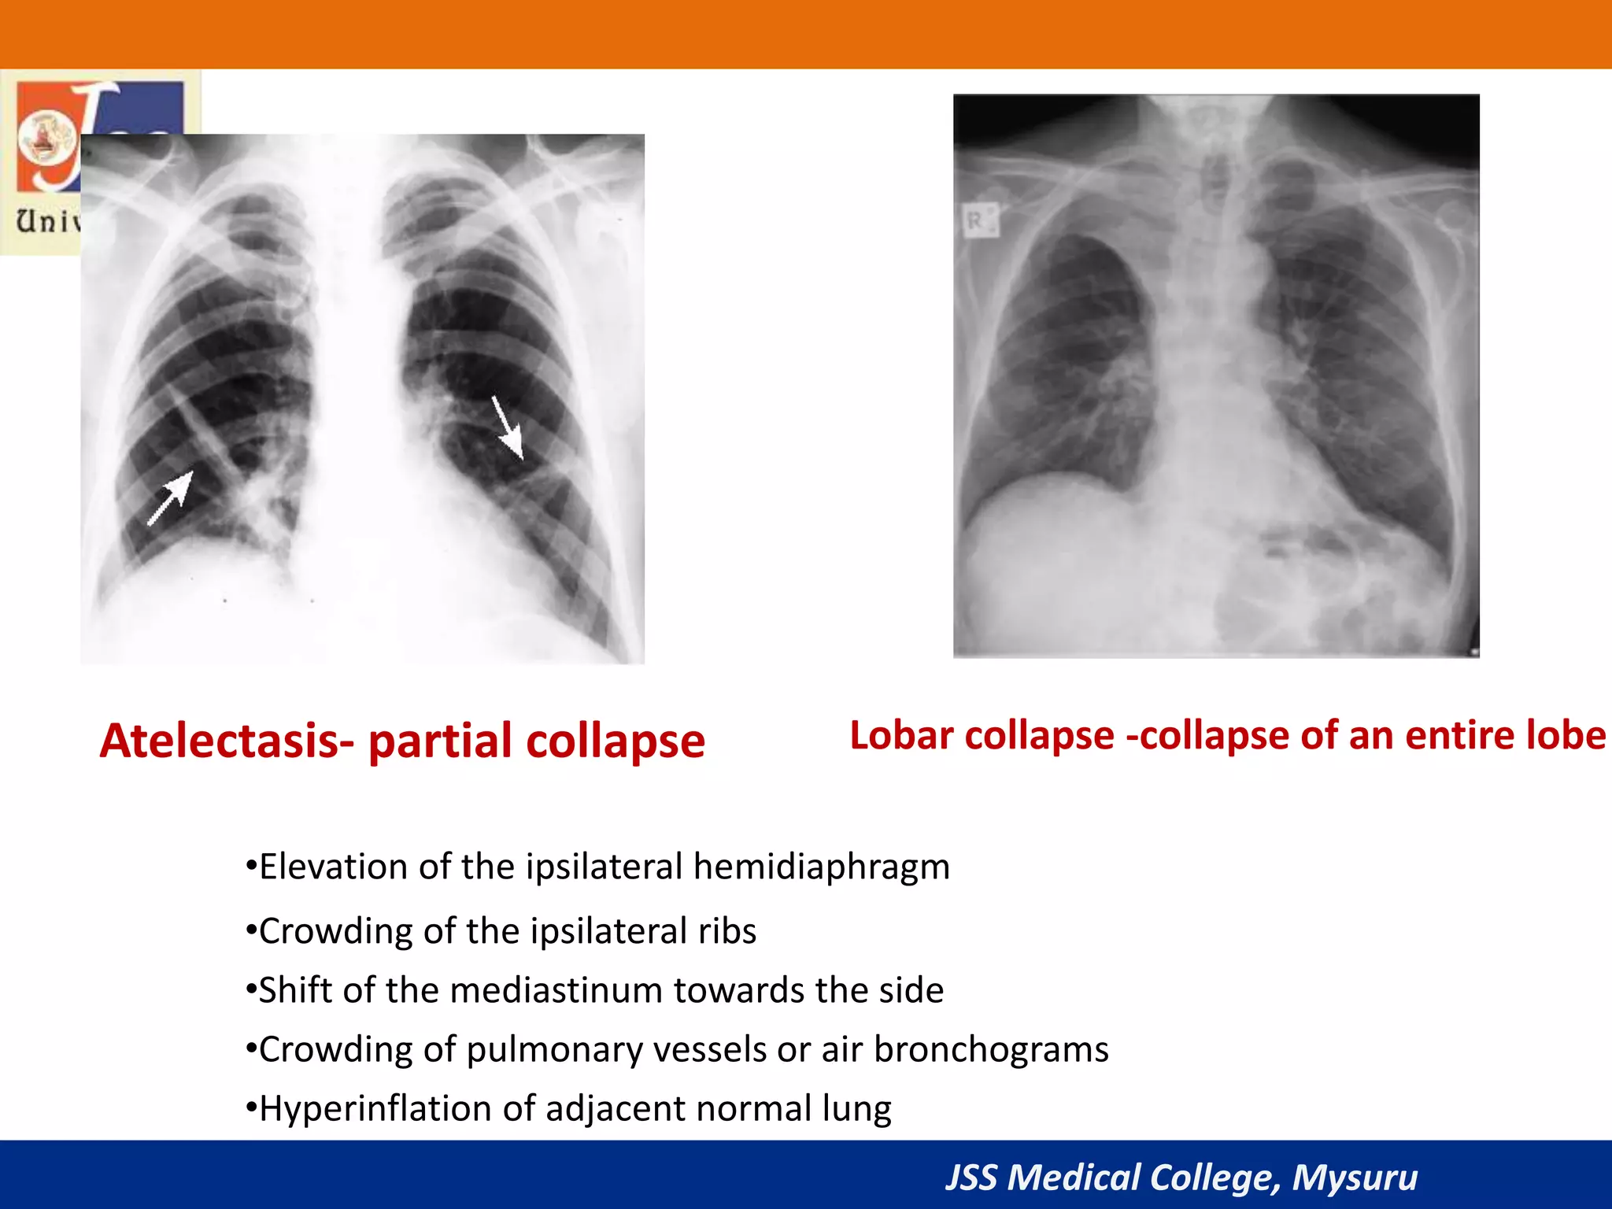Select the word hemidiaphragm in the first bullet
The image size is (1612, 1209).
click(x=821, y=867)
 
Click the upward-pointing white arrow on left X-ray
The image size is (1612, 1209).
click(x=171, y=497)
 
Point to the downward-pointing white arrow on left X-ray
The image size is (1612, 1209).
click(x=508, y=427)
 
